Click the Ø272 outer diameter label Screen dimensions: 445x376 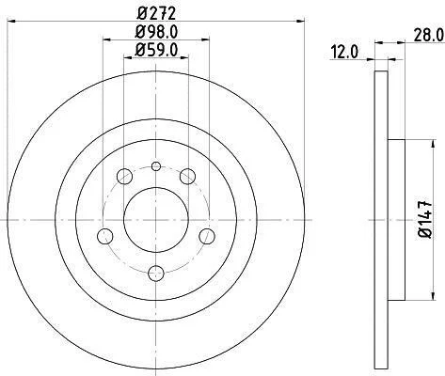point(156,13)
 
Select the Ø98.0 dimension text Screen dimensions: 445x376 point(156,32)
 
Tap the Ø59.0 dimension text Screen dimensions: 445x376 point(156,50)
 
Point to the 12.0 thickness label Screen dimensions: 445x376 point(344,52)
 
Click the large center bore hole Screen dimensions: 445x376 point(156,220)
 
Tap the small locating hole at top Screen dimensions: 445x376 point(156,166)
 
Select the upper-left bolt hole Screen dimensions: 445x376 point(124,177)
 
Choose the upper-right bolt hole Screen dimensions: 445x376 point(187,177)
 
